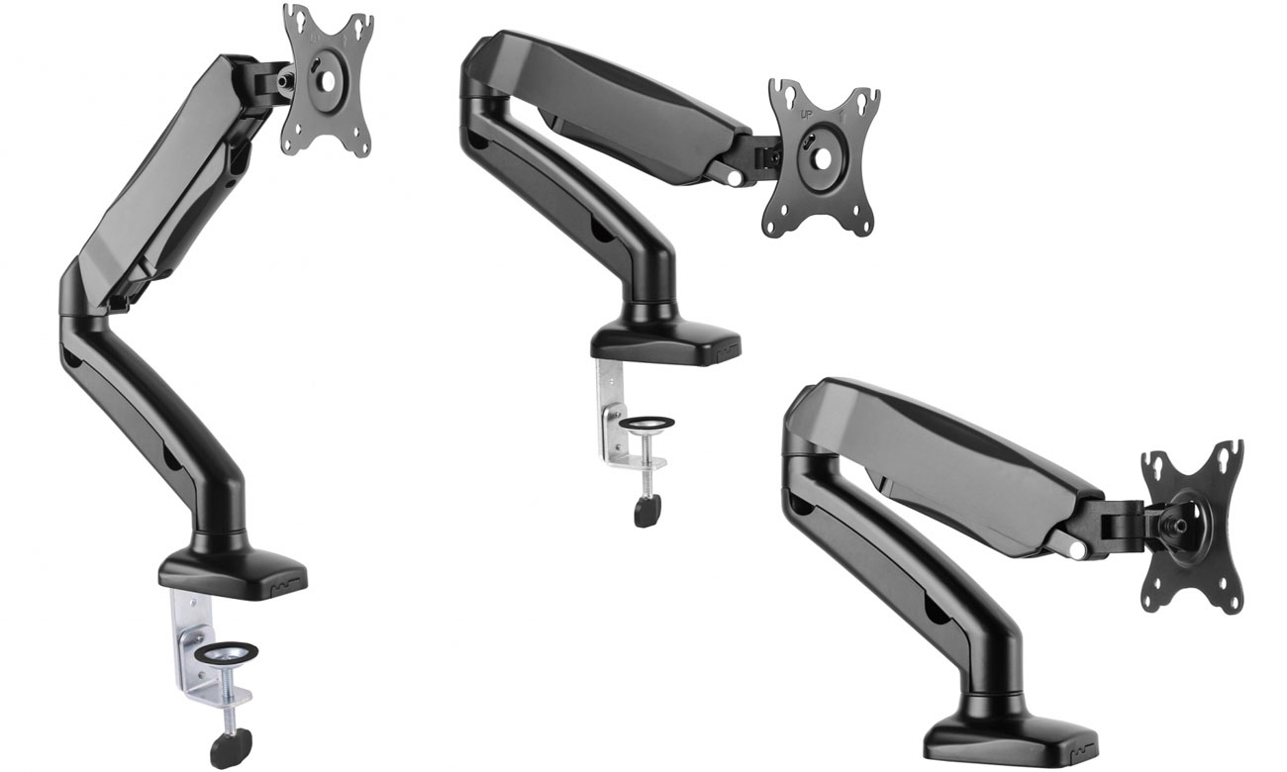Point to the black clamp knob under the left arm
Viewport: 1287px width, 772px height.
pyautogui.click(x=231, y=749)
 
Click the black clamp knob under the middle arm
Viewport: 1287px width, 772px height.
pyautogui.click(x=646, y=512)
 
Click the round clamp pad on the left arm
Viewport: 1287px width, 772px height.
pyautogui.click(x=225, y=654)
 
